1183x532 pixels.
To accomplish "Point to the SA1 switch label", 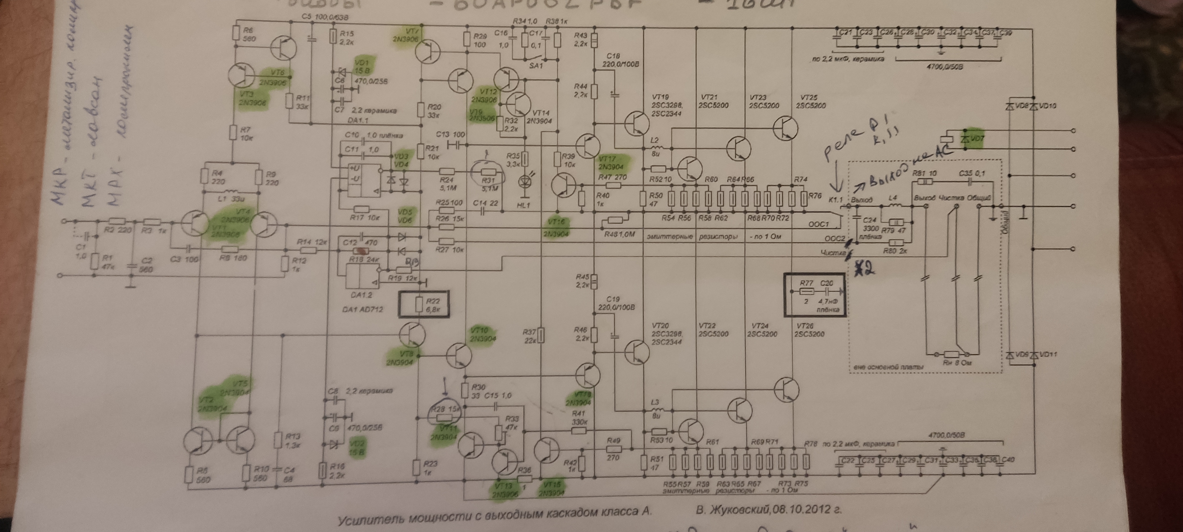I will tap(536, 66).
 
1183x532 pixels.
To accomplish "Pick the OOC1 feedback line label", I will tap(818, 224).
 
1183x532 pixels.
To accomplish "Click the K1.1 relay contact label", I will tap(835, 200).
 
